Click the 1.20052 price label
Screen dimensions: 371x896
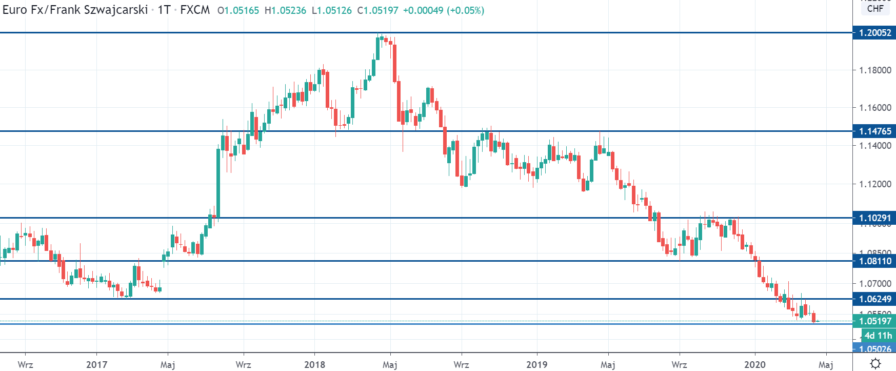tap(874, 33)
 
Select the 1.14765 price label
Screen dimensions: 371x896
tap(874, 131)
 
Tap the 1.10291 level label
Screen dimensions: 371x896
tap(874, 218)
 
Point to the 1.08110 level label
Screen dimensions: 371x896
tap(874, 261)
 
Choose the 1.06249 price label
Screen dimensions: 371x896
tap(874, 299)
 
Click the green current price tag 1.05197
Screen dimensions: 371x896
tap(874, 321)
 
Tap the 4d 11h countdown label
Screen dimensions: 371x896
tap(878, 336)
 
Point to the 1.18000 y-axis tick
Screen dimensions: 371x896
tap(875, 70)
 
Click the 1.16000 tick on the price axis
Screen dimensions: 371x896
tap(875, 108)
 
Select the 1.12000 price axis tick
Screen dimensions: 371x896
tap(875, 184)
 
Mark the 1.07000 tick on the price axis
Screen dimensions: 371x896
tap(875, 284)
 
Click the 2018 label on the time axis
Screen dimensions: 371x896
tap(314, 365)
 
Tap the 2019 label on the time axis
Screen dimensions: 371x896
tap(537, 365)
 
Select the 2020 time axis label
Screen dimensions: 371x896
tap(754, 365)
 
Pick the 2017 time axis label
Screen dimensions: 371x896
tap(96, 365)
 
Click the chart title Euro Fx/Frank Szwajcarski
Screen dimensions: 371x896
tap(75, 10)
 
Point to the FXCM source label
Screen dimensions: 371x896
tap(195, 10)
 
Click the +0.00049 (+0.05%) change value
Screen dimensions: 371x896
tap(443, 10)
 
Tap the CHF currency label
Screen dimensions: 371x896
tap(875, 9)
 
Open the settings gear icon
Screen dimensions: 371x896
tap(875, 363)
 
